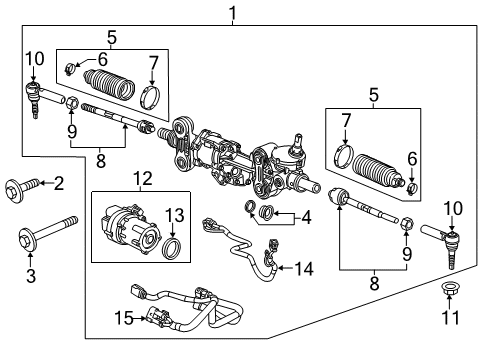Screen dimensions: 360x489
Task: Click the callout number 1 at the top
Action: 233,13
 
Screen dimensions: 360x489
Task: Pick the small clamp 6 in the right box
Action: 412,187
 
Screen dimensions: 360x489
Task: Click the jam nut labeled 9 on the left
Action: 73,104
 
